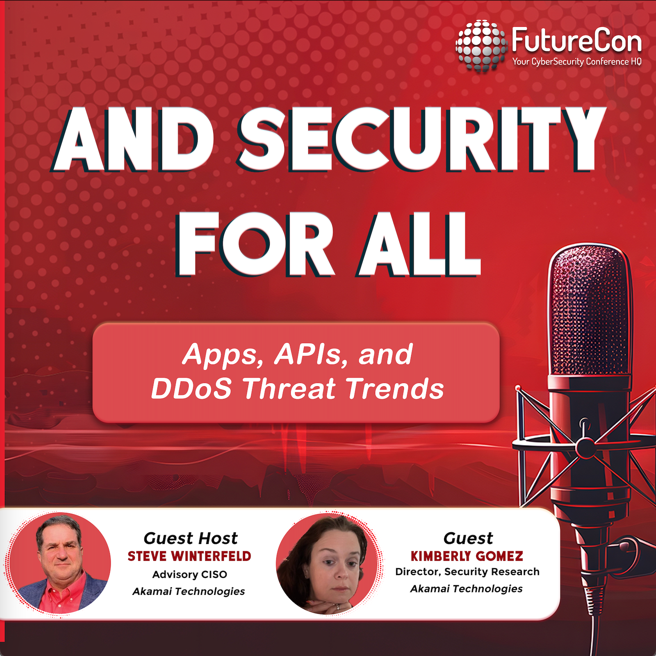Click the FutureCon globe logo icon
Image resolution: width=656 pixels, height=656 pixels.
481,45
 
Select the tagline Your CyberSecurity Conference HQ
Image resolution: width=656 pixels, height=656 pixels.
576,62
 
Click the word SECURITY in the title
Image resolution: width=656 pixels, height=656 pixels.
422,139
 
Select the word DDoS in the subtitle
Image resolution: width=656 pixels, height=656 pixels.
191,388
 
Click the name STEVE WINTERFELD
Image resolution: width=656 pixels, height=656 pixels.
189,556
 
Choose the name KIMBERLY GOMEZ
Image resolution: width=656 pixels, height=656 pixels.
467,556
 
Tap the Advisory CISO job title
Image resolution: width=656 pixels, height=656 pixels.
189,574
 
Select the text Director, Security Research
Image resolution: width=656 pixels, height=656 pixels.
467,572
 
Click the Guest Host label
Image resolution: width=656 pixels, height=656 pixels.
190,538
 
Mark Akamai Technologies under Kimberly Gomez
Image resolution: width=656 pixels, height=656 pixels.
467,589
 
